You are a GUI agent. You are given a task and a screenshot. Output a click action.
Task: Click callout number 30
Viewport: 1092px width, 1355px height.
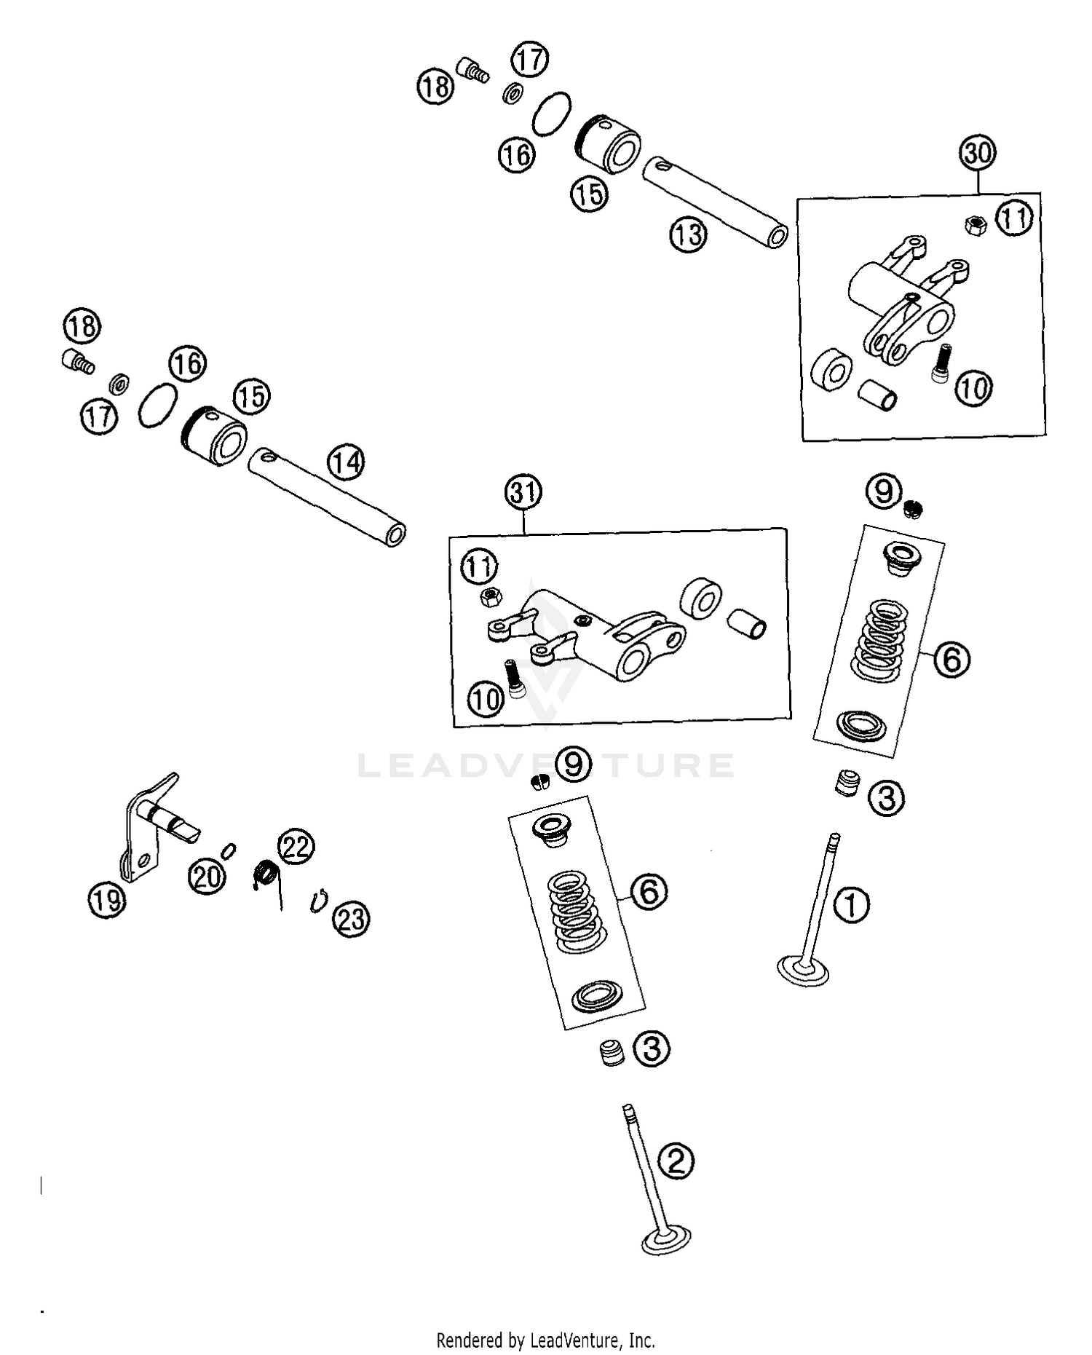click(977, 154)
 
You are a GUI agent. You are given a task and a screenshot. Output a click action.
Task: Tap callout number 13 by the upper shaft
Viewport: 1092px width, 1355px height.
click(688, 234)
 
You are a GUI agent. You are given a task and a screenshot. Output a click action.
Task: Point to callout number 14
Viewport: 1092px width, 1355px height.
click(346, 462)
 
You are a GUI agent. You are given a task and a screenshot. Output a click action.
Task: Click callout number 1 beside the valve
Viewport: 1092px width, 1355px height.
click(850, 905)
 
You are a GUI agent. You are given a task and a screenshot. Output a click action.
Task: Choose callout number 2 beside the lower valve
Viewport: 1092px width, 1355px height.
click(676, 1161)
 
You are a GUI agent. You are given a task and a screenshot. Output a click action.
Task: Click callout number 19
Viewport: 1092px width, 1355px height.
click(107, 900)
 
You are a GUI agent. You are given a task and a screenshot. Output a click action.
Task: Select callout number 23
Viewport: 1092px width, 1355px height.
click(352, 919)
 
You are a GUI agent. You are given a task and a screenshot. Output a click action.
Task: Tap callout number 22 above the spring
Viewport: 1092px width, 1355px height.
click(296, 847)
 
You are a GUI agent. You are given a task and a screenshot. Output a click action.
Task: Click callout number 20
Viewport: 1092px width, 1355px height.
click(207, 876)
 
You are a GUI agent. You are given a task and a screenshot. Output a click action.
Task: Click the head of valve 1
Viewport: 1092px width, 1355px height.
click(803, 971)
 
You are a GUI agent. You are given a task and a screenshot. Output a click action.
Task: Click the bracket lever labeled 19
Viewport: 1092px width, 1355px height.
click(146, 830)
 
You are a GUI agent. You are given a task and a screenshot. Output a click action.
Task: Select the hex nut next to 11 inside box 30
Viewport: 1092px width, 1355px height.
click(974, 225)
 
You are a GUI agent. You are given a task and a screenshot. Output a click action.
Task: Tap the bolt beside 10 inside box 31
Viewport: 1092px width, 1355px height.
click(515, 678)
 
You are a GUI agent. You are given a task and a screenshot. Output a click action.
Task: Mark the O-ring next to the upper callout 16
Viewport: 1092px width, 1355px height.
click(551, 114)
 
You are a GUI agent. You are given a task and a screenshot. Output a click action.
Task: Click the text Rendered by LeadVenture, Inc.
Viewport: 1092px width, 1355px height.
click(545, 1340)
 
